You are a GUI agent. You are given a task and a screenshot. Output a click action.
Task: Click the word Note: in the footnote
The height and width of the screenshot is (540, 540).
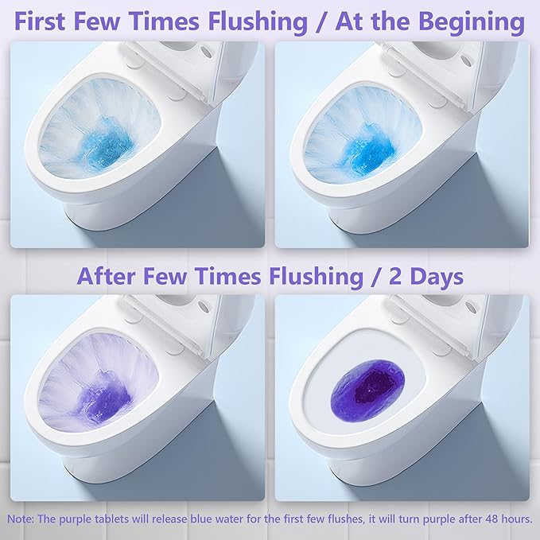(x=21, y=518)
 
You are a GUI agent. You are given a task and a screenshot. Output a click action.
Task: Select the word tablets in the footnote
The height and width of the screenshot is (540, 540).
(x=106, y=518)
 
